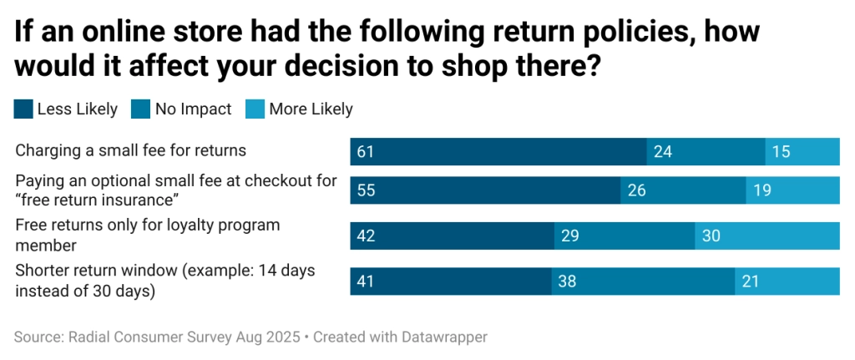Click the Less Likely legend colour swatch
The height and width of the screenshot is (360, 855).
[x=23, y=109]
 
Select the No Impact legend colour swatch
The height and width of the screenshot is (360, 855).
[x=139, y=109]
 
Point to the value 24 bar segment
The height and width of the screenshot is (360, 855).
[x=706, y=152]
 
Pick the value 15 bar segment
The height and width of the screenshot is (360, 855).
[x=802, y=152]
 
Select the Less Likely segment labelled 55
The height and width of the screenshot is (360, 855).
[x=484, y=190]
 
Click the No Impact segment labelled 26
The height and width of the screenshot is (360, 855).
[x=683, y=190]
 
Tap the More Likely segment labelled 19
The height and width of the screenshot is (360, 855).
[x=792, y=190]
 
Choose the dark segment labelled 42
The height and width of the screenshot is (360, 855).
[x=452, y=236]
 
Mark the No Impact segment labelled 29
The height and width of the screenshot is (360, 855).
[x=625, y=236]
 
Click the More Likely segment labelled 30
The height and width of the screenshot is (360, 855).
[x=767, y=236]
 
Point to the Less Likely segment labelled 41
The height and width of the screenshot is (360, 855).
[x=450, y=281]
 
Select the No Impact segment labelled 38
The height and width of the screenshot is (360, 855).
[x=643, y=281]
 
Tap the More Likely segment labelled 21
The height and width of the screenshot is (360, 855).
[x=787, y=281]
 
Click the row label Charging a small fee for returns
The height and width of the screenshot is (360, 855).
[x=131, y=151]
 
